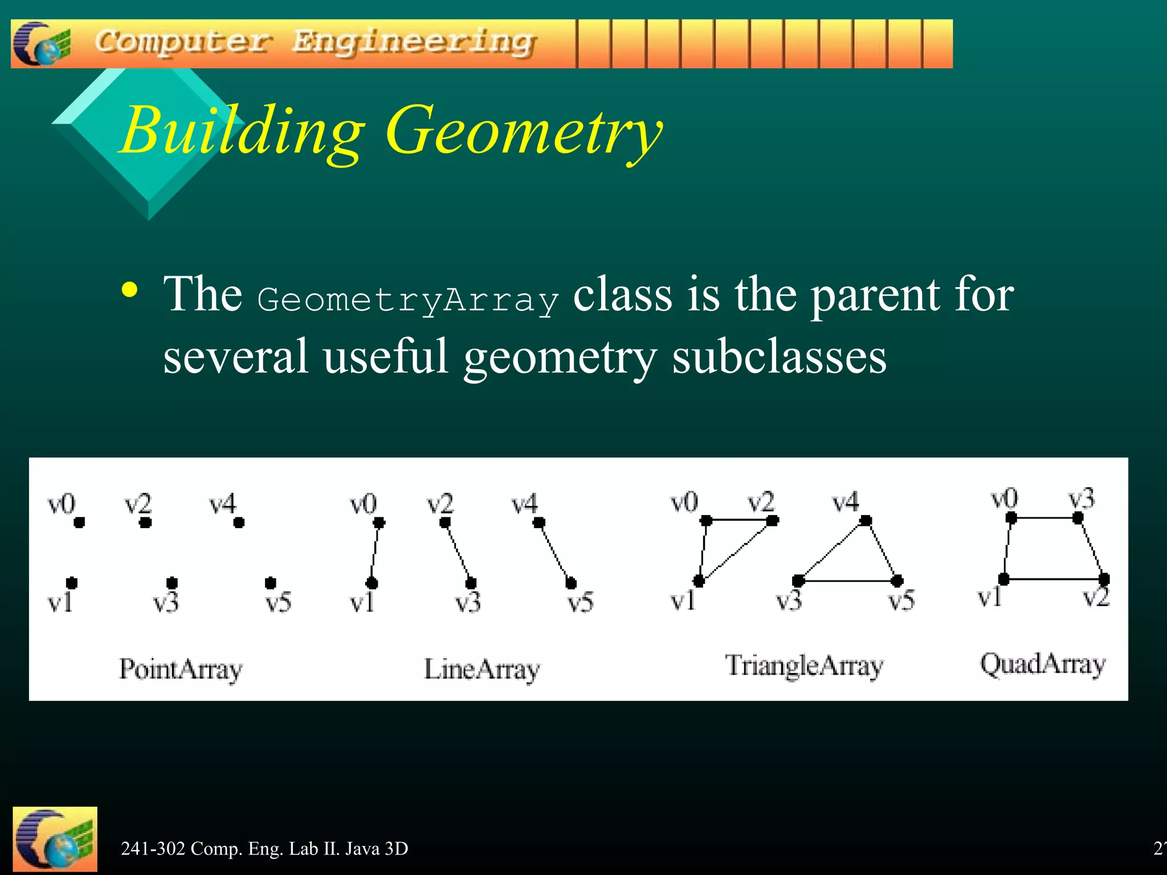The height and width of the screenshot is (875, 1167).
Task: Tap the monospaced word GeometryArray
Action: tap(407, 300)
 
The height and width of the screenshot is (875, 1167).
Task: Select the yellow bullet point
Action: tap(130, 291)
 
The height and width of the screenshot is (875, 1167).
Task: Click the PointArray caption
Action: tap(181, 669)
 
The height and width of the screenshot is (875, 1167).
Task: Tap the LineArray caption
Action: tap(482, 669)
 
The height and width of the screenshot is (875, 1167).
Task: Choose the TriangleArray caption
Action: tap(803, 665)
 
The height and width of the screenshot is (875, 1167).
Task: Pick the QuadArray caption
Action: tap(1042, 664)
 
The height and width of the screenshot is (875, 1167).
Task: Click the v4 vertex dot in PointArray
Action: tap(239, 522)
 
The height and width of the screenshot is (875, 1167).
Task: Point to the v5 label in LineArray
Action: tap(581, 603)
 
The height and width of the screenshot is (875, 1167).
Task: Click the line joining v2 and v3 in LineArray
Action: tap(458, 553)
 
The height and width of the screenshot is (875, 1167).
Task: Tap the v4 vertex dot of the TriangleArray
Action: tap(866, 520)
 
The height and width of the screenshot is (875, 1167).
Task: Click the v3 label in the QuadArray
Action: tap(1081, 499)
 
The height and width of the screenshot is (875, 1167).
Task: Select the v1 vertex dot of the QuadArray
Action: tap(1004, 579)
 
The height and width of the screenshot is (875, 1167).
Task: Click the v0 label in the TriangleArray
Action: tap(684, 502)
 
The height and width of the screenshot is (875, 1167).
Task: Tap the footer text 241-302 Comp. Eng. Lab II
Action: tap(264, 849)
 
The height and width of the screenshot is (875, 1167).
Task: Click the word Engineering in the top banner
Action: tap(414, 42)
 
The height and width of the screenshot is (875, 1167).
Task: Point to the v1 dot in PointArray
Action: tap(72, 583)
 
